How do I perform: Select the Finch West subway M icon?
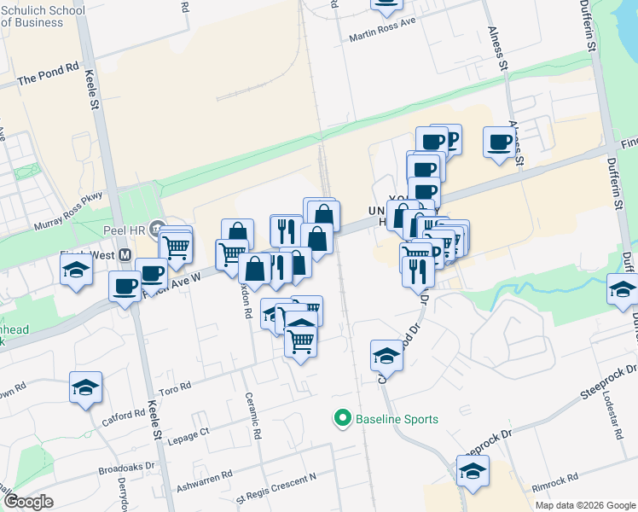pyautogui.click(x=125, y=255)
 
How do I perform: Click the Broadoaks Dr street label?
pyautogui.click(x=125, y=468)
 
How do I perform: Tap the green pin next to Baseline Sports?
pyautogui.click(x=342, y=418)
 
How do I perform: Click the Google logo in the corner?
pyautogui.click(x=27, y=501)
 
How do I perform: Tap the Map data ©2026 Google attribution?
pyautogui.click(x=585, y=505)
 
